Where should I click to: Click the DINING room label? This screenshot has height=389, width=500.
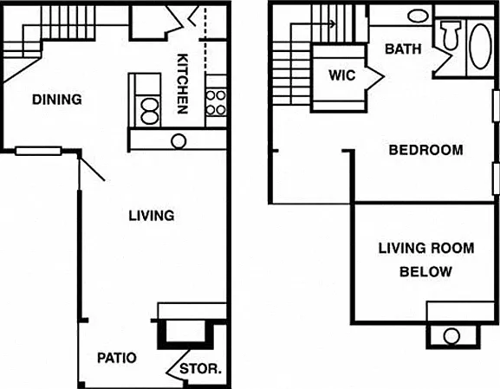[57, 100]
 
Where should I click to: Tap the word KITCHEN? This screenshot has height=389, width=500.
[182, 84]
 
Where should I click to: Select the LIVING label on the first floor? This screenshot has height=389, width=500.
[152, 216]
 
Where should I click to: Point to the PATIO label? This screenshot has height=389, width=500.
[117, 358]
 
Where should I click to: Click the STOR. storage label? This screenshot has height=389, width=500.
[200, 369]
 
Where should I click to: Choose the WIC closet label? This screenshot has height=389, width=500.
[342, 75]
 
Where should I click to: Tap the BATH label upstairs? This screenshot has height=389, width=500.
[403, 49]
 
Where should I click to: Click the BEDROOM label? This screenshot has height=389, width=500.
[426, 150]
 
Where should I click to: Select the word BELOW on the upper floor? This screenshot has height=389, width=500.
[426, 272]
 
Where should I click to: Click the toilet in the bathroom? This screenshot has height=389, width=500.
[451, 35]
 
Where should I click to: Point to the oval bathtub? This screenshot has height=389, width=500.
[481, 46]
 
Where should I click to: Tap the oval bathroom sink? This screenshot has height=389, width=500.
[418, 16]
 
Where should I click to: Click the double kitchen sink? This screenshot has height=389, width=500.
[149, 111]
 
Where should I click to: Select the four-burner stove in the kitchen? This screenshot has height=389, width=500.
[216, 102]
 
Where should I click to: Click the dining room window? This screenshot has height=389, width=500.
[38, 151]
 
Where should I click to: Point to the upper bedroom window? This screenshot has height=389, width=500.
[497, 106]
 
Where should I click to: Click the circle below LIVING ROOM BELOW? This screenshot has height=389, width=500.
[451, 336]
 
